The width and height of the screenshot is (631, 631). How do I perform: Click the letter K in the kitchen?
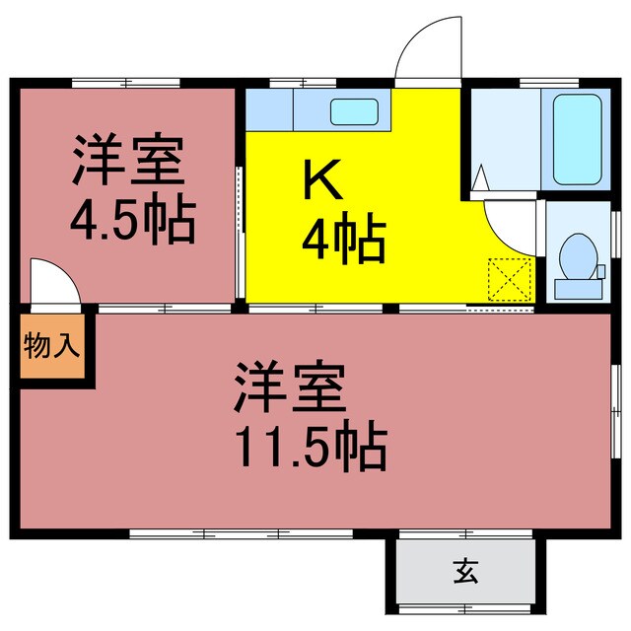pos(321,178)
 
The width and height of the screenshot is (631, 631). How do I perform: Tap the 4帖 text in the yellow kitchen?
pos(344,240)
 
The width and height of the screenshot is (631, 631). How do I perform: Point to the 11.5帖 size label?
pos(309,446)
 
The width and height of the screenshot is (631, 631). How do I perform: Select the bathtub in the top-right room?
pos(578,138)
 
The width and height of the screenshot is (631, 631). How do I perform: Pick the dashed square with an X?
pos(512,279)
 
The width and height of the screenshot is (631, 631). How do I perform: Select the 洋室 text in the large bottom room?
pos(291,387)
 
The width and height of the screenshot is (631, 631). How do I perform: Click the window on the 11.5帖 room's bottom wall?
pos(242,533)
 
